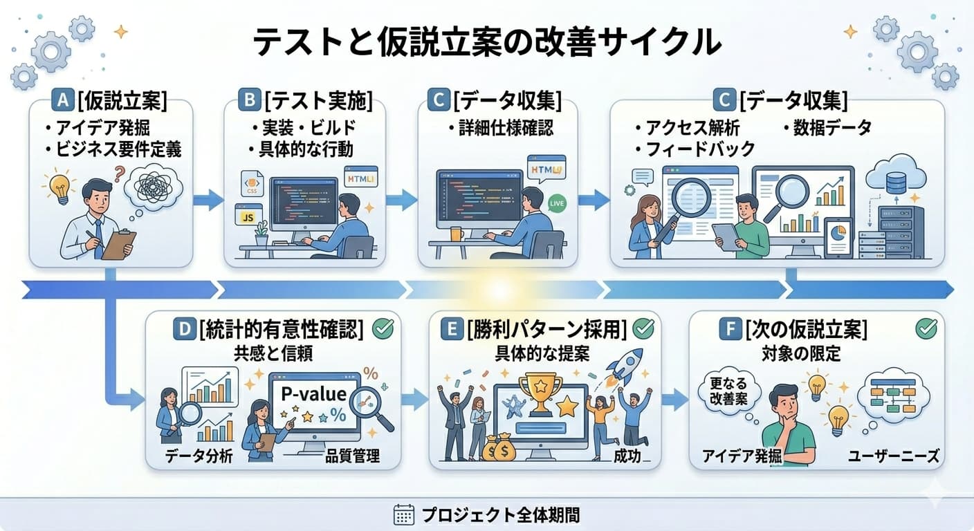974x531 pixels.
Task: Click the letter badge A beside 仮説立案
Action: pyautogui.click(x=62, y=101)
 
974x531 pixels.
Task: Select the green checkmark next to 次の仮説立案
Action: pyautogui.click(x=926, y=329)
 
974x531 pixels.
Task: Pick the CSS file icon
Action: pyautogui.click(x=250, y=184)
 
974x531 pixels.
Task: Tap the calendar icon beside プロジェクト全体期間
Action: pyautogui.click(x=403, y=514)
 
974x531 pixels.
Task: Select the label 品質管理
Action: pyautogui.click(x=352, y=456)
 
